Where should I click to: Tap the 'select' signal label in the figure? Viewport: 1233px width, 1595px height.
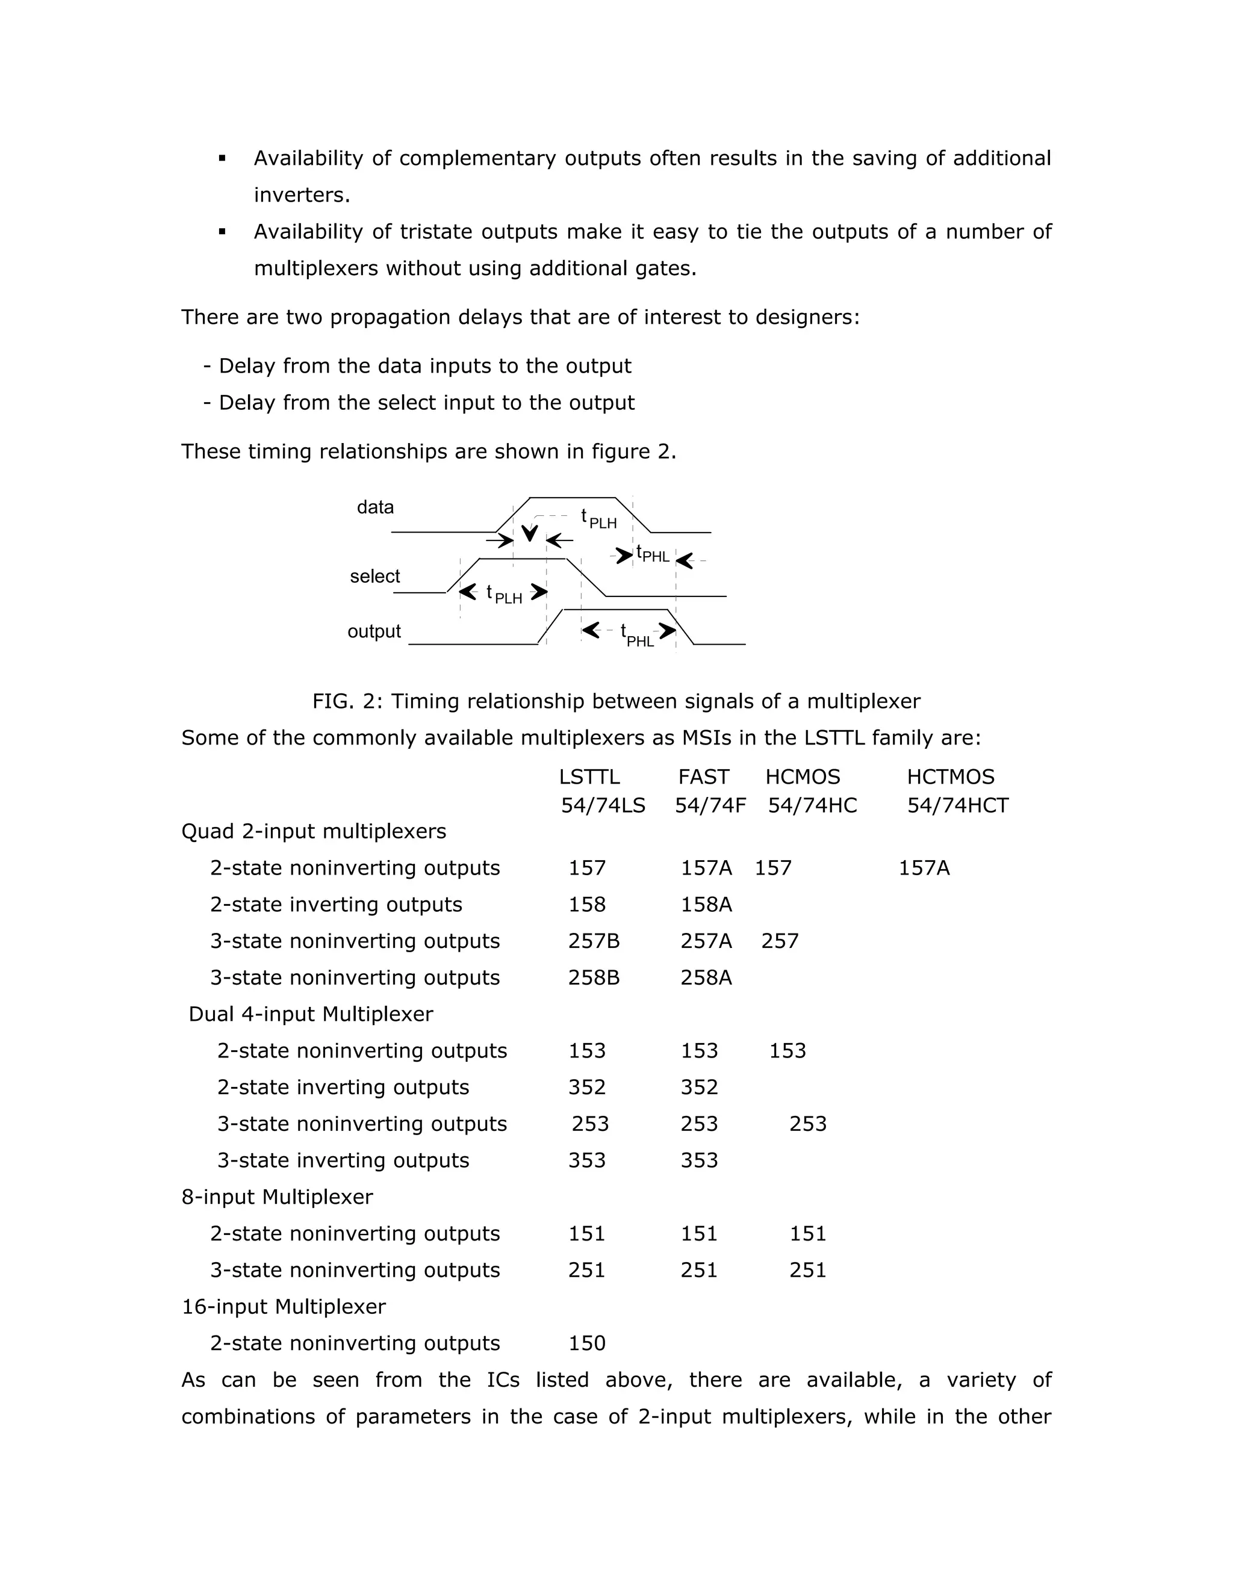374,576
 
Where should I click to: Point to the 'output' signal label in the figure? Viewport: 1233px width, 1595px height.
374,631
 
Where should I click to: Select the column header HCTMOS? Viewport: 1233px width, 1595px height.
950,776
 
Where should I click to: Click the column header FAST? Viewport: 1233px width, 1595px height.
703,776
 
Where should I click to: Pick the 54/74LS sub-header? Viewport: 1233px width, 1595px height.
603,805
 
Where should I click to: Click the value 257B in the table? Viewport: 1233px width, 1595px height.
594,941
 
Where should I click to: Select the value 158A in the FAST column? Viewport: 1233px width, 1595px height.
706,904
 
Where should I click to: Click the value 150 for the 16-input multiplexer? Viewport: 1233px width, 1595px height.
586,1343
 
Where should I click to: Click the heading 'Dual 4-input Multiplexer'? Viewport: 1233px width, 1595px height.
311,1014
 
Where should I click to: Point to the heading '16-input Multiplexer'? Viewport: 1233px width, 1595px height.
284,1307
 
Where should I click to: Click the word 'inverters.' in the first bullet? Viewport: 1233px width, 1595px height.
302,195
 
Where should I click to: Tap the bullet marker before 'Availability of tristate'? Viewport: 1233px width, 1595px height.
222,232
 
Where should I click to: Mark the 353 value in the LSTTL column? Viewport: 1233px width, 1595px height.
586,1160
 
